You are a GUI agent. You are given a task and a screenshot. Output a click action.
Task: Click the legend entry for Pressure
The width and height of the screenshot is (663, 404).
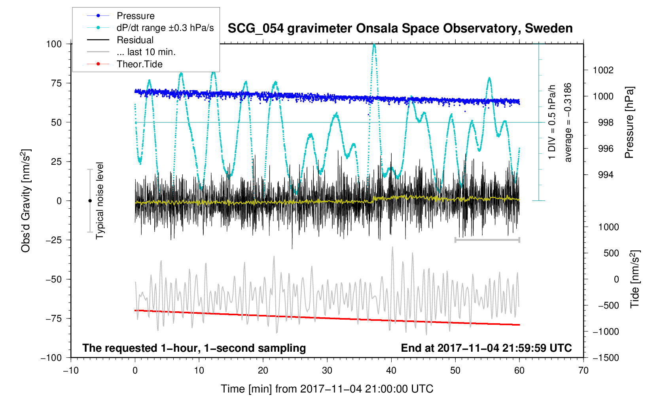135,16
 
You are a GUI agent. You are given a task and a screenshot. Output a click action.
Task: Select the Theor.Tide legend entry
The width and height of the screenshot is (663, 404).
139,64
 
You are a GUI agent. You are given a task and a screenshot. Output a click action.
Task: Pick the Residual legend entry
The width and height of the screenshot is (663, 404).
135,40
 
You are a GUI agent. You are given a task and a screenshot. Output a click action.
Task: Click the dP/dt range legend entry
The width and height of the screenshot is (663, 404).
165,28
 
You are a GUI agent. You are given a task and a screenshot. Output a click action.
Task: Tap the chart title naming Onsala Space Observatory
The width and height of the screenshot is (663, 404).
400,29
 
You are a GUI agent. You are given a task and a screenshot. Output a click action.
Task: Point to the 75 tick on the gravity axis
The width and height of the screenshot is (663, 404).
54,83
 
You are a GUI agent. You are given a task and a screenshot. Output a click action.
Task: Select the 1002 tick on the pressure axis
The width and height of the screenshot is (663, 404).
603,71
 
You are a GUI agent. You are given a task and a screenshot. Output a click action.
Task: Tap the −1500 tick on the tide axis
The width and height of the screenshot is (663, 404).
605,358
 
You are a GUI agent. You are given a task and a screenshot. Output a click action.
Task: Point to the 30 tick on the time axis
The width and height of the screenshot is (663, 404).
327,371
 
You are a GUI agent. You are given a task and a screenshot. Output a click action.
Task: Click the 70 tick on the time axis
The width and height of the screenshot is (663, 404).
583,371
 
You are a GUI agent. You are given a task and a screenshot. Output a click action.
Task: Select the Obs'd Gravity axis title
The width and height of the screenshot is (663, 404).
26,201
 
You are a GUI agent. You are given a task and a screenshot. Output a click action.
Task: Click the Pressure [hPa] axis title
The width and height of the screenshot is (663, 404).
629,123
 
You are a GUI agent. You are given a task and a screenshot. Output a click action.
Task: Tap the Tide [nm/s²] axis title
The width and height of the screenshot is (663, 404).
635,279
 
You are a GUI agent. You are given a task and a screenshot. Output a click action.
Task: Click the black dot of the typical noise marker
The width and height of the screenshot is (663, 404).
90,201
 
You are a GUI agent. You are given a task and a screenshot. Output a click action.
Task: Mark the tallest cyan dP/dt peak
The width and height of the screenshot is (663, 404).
374,45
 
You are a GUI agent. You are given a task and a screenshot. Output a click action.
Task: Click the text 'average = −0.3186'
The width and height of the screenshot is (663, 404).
568,123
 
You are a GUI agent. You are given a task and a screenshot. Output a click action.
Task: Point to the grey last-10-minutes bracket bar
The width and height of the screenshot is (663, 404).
487,240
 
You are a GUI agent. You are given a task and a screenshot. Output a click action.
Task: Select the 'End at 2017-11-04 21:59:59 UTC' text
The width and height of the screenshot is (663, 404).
486,348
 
